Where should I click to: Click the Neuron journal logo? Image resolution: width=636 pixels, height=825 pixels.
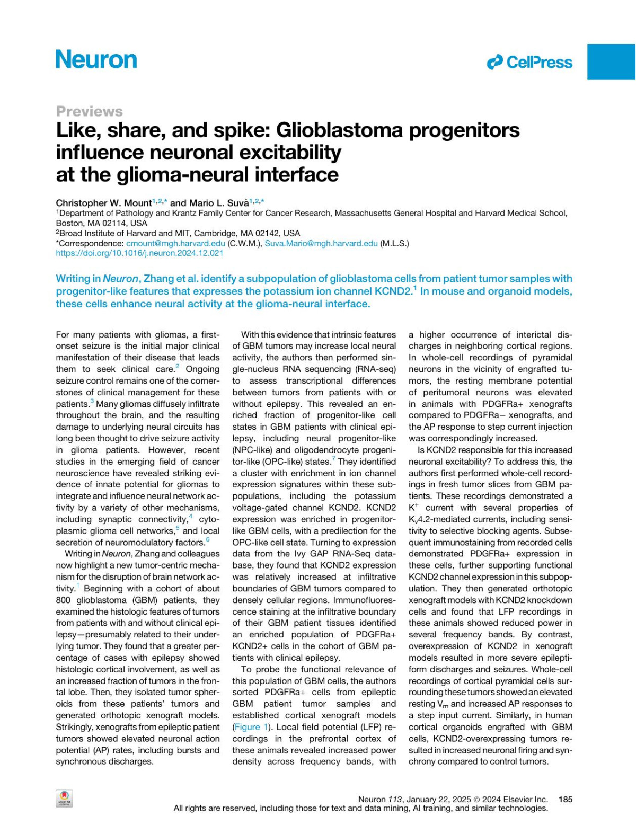(96, 59)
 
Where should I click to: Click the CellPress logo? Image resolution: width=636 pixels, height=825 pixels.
(529, 63)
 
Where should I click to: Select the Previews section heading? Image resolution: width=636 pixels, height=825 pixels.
(89, 111)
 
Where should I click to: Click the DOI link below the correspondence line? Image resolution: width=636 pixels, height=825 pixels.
(139, 253)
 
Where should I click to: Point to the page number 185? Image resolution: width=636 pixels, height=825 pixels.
(566, 799)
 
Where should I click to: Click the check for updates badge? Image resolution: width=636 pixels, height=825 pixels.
(64, 799)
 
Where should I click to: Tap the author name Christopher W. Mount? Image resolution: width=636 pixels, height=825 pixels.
(103, 203)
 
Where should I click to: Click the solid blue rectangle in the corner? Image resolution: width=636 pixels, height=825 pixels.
(611, 61)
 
